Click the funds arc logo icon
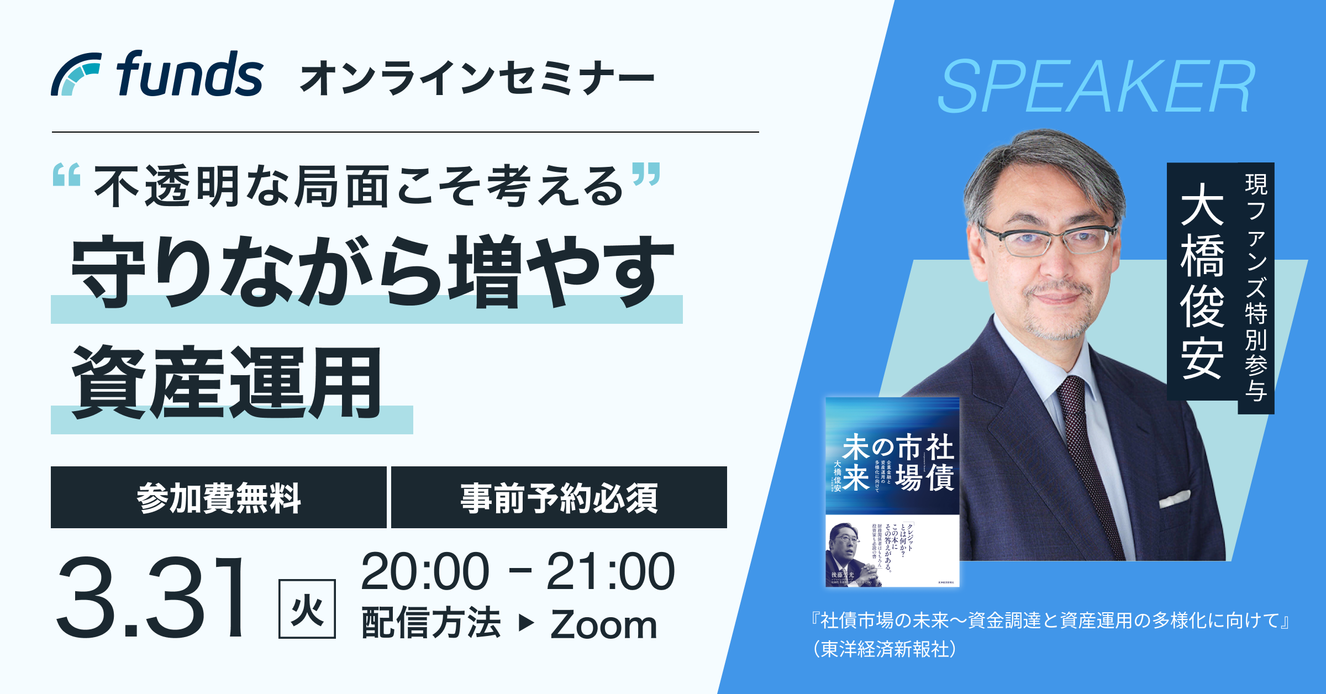click(76, 74)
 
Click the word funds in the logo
click(190, 74)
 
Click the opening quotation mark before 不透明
click(67, 175)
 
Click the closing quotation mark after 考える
click(646, 173)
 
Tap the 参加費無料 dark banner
click(219, 498)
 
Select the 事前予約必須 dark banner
click(559, 498)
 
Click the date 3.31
click(151, 597)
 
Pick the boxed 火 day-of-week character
click(307, 609)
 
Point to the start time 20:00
click(425, 572)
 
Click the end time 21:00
click(611, 572)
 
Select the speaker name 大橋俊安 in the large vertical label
click(1202, 281)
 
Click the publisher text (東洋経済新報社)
click(884, 649)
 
